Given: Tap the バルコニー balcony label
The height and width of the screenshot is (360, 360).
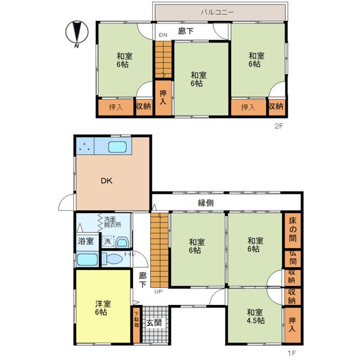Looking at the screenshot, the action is (218, 12).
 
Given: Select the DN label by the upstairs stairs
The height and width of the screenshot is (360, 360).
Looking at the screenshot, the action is (163, 35).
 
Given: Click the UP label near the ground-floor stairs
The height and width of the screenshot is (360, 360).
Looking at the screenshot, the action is (159, 291).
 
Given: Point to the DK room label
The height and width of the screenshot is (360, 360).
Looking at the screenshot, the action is (107, 181).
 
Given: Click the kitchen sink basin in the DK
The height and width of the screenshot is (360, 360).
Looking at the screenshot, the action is (118, 147).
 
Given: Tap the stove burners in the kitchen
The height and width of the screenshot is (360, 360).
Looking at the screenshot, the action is (85, 146).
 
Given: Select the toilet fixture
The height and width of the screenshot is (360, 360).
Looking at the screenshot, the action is (112, 259).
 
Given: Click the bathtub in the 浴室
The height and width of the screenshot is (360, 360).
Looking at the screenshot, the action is (87, 260).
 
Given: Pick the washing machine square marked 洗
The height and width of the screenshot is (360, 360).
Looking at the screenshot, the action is (108, 241).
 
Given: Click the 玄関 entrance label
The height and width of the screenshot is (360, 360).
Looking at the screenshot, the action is (154, 323).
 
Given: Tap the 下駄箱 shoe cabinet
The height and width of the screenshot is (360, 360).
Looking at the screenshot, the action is (137, 325).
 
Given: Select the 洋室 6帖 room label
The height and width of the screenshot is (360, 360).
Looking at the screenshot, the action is (103, 308).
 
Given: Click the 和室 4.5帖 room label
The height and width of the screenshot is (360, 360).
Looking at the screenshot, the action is (255, 317).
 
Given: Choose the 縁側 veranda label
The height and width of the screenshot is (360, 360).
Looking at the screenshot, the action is (206, 202).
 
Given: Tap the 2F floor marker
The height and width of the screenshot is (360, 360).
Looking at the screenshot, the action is (279, 126).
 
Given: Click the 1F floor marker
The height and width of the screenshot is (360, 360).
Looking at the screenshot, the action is (292, 353).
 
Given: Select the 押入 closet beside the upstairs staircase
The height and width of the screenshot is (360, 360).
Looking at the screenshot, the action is (163, 98).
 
